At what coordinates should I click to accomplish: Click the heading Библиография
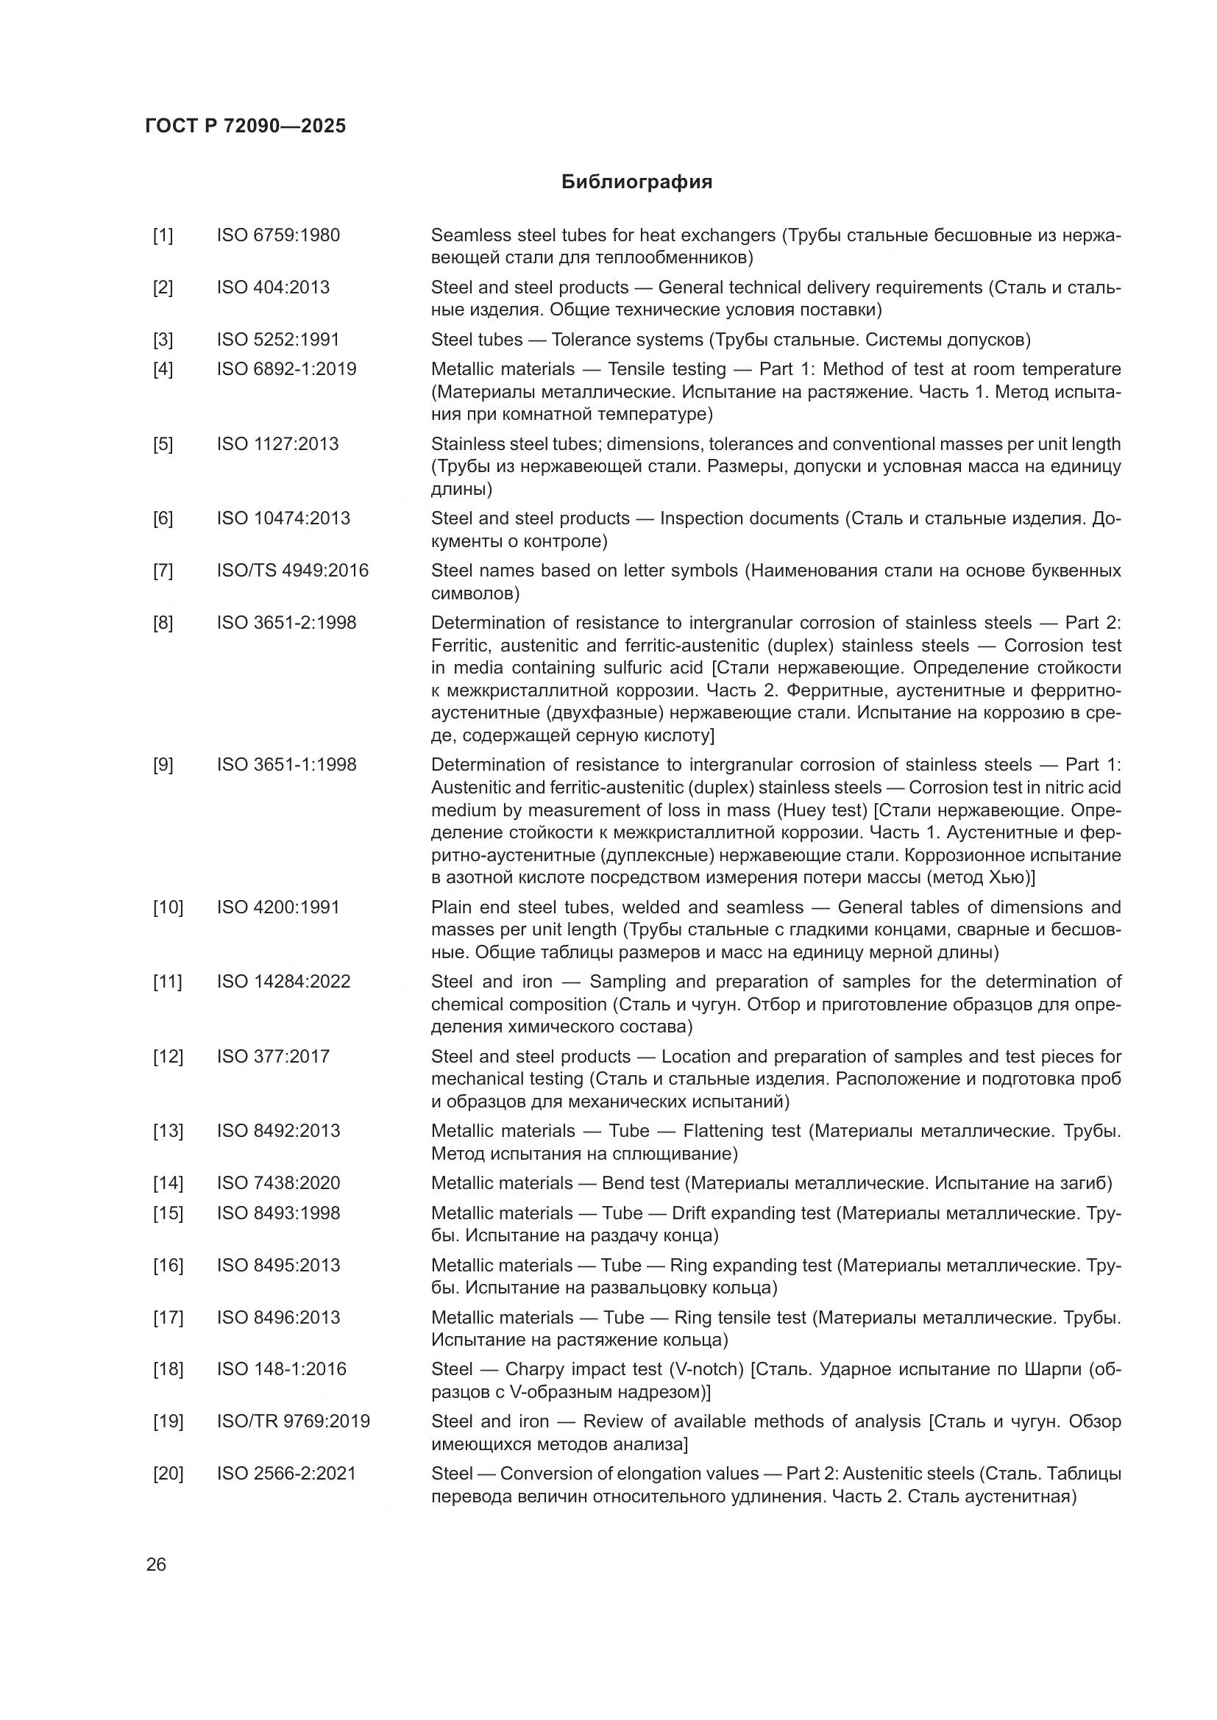(636, 182)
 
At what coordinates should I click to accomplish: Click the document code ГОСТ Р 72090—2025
(246, 126)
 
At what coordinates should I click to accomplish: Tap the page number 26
(156, 1565)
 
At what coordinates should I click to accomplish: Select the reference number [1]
(163, 235)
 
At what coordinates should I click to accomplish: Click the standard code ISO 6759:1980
(278, 235)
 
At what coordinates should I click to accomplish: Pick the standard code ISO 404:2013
(273, 288)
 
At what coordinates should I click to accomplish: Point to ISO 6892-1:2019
(286, 369)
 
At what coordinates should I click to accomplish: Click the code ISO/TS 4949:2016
(292, 571)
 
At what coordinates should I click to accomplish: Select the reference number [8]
(163, 624)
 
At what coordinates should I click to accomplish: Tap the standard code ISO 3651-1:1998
(286, 765)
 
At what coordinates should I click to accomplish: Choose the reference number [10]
(168, 907)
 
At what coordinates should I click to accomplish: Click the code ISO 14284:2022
(283, 982)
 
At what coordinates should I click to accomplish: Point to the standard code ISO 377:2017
(273, 1056)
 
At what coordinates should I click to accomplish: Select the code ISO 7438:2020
(278, 1183)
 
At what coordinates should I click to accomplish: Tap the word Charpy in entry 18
(535, 1369)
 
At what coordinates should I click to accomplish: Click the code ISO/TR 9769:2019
(293, 1421)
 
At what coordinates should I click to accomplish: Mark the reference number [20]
(168, 1474)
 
